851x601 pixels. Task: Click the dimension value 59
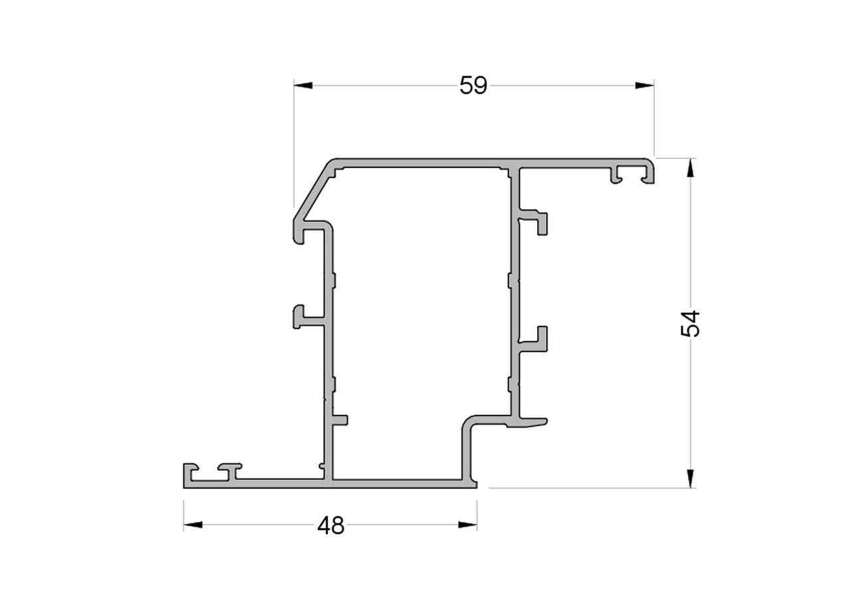click(473, 85)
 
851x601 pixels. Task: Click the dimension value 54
click(691, 323)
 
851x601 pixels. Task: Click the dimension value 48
click(330, 526)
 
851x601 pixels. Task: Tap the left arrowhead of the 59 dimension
click(303, 85)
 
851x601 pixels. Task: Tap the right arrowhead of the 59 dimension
click(644, 85)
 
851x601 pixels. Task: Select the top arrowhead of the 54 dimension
click(691, 168)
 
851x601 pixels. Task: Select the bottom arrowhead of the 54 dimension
click(691, 479)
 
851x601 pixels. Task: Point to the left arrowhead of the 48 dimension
click(193, 525)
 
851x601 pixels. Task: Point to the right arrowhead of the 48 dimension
click(467, 525)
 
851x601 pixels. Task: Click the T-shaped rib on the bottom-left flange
click(230, 469)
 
